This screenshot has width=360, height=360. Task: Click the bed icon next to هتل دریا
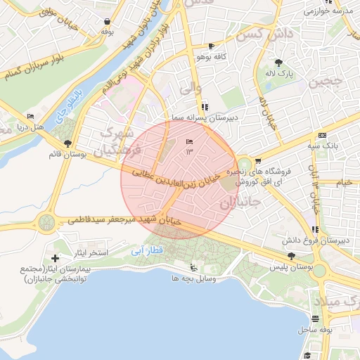coord(30,116)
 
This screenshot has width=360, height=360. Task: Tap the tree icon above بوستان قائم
coord(67,143)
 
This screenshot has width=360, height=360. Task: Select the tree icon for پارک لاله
coord(279,62)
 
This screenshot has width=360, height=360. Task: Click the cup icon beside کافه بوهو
coord(212,46)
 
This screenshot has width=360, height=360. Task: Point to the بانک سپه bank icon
coord(322,135)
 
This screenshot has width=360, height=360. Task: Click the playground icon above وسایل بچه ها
coord(193,267)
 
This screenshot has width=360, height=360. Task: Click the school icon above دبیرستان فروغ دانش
coord(316,229)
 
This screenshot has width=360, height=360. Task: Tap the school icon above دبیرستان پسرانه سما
coord(205,108)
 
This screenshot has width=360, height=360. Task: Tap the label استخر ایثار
coord(89,252)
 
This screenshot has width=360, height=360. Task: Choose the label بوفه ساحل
coord(314,328)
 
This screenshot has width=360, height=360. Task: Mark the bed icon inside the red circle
coord(188,143)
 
